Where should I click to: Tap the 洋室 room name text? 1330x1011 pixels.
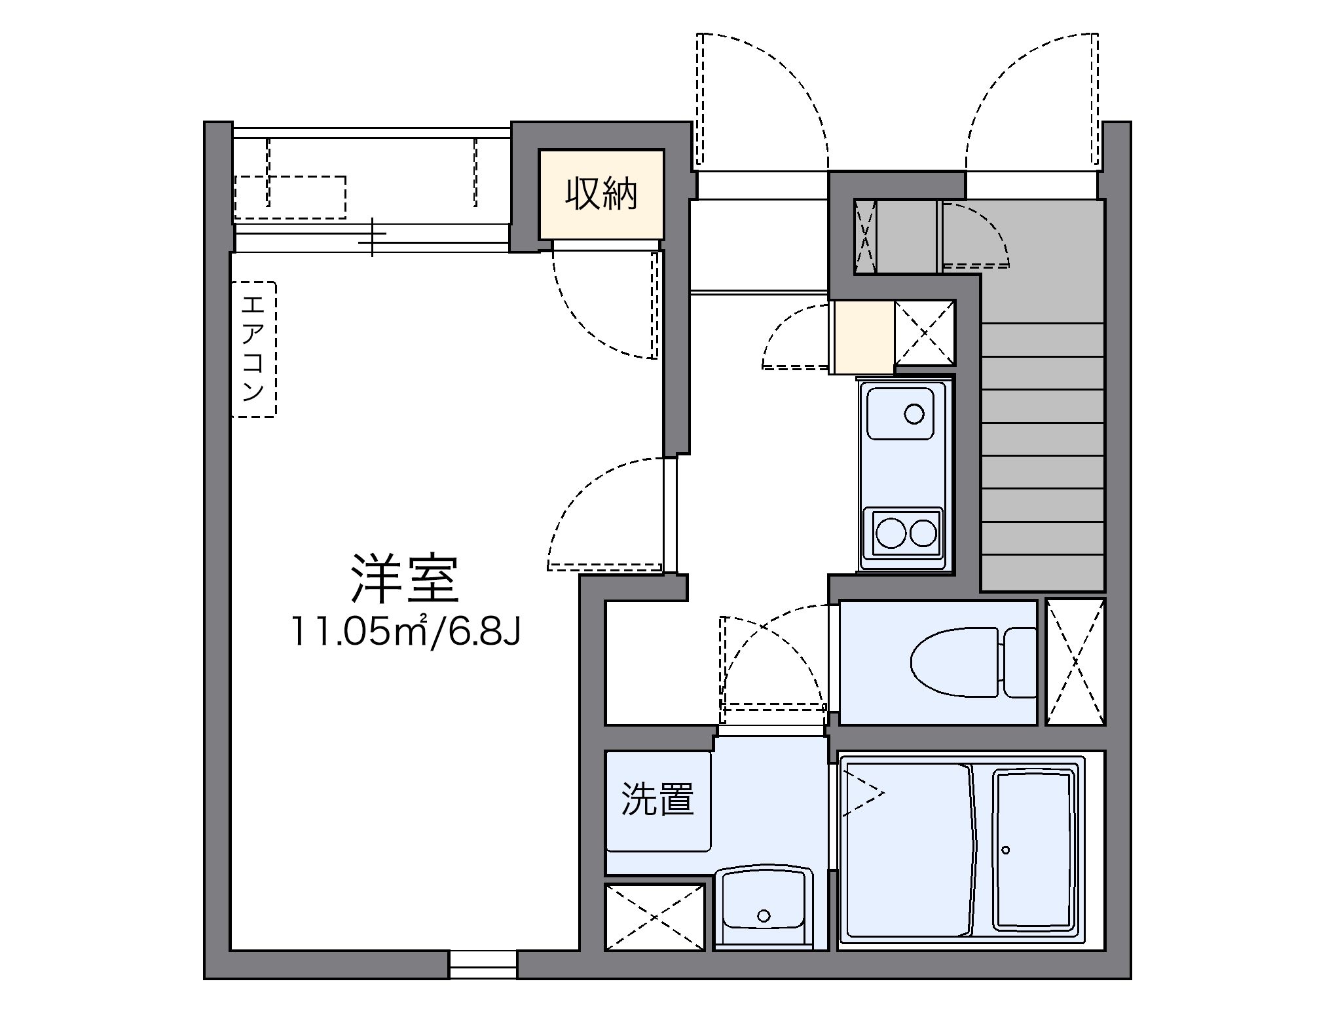(404, 579)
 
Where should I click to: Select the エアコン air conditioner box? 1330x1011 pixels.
(253, 349)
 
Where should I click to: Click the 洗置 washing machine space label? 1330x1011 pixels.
(657, 799)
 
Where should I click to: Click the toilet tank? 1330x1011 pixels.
(1020, 662)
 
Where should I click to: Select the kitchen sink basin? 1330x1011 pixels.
(900, 413)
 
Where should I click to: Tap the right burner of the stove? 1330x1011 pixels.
(923, 533)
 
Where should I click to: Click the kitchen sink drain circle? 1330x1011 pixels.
(914, 414)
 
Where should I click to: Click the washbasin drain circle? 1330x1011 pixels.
(764, 915)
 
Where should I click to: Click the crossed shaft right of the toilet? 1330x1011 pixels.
(1075, 662)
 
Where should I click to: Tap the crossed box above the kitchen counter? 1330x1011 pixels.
(925, 333)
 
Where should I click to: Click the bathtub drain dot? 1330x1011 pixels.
(1006, 850)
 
